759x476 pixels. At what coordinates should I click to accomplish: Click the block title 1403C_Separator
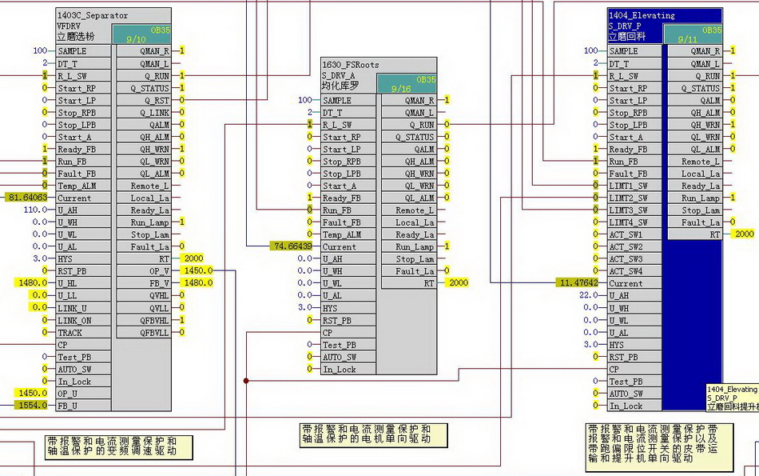(x=93, y=15)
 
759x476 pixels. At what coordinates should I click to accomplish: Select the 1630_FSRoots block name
(x=350, y=65)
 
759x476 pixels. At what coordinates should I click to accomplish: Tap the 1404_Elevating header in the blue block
(x=642, y=15)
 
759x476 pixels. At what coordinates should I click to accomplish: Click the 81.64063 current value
(x=28, y=198)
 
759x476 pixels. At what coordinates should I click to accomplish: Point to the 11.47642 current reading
(x=578, y=283)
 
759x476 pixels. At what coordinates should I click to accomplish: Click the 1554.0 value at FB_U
(x=32, y=406)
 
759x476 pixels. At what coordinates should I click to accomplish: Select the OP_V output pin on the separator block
(x=159, y=270)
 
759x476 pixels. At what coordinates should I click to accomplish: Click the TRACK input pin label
(x=70, y=332)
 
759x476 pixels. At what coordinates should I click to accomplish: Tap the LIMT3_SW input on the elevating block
(x=628, y=210)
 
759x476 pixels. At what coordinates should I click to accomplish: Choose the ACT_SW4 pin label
(x=626, y=271)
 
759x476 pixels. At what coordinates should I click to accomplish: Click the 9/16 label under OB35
(x=402, y=89)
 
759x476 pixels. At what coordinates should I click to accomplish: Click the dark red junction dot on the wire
(x=246, y=381)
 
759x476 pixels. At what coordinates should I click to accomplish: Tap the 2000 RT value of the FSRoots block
(x=459, y=283)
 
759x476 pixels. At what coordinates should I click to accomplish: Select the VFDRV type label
(x=70, y=26)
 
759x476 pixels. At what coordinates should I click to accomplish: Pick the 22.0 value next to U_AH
(x=589, y=295)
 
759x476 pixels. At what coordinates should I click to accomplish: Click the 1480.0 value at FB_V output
(x=197, y=283)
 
